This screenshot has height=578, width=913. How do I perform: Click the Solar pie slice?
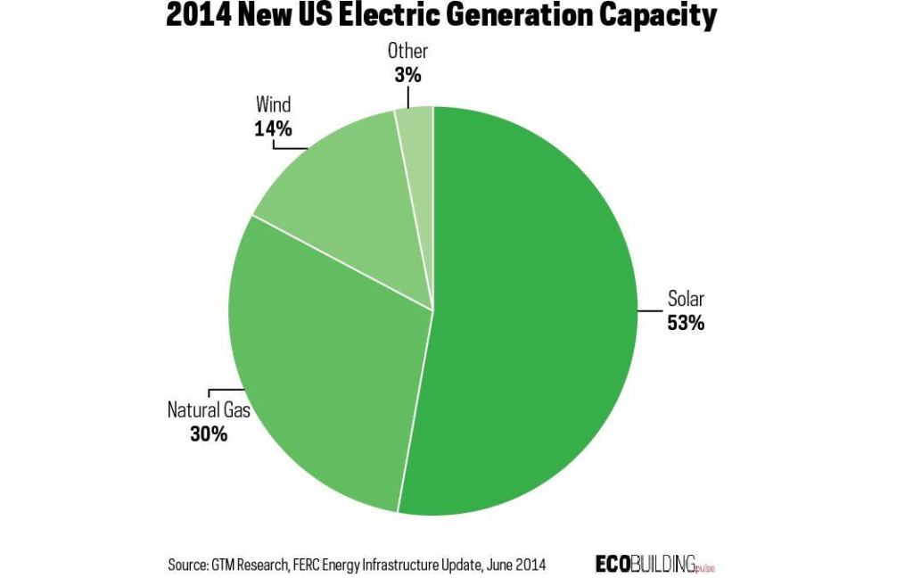(535, 312)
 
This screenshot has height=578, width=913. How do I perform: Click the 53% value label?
(686, 323)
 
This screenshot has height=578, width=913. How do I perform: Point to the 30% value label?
(209, 434)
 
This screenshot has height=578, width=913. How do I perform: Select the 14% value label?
(273, 128)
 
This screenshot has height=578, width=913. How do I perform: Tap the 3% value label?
(407, 76)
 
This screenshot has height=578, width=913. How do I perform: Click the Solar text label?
(686, 300)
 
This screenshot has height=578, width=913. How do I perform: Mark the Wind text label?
(274, 106)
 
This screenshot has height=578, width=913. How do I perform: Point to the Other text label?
(407, 52)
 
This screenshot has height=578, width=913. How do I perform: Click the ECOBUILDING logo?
(654, 563)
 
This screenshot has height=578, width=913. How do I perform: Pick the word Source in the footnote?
(187, 565)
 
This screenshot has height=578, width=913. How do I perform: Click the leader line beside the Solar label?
(649, 310)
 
